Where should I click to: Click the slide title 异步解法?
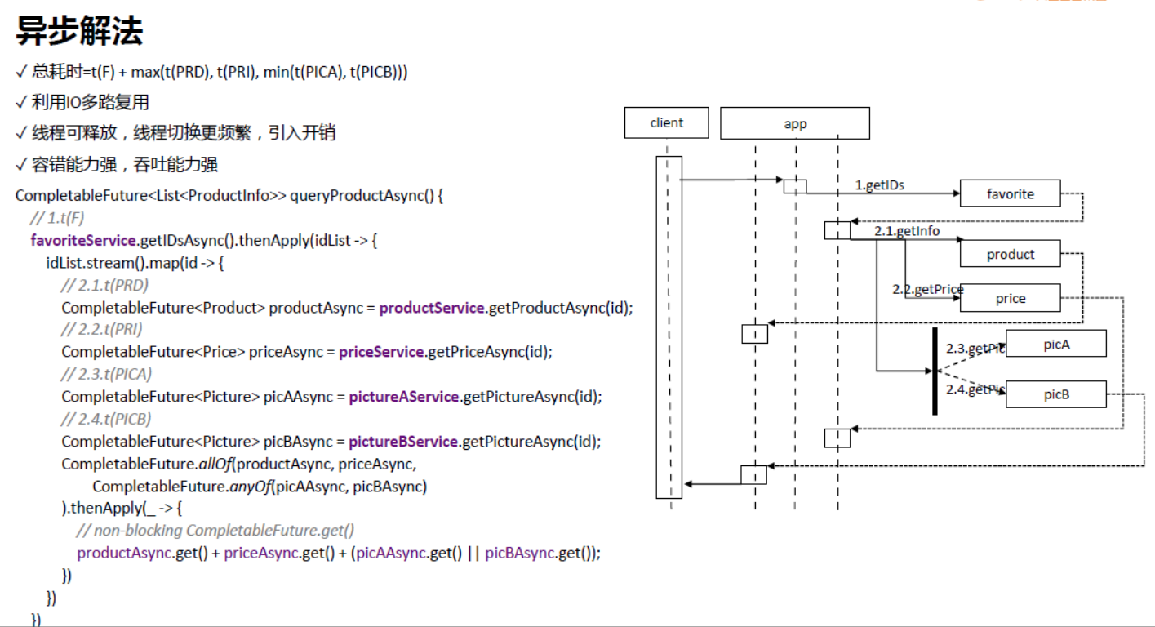(x=79, y=31)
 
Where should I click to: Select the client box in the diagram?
(x=666, y=123)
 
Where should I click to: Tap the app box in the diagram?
(x=794, y=124)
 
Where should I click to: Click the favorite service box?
(x=1010, y=193)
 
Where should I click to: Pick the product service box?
(x=1010, y=254)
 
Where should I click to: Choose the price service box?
(x=1010, y=298)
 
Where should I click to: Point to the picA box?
(x=1055, y=344)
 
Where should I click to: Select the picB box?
(x=1055, y=394)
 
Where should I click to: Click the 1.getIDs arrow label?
(x=879, y=185)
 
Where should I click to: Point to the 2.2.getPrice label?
(x=927, y=289)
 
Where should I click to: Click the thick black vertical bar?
(x=935, y=371)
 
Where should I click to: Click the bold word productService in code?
(x=432, y=308)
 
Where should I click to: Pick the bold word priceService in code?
(x=380, y=352)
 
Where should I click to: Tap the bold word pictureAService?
(x=403, y=397)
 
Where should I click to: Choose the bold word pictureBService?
(x=403, y=442)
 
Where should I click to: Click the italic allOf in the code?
(x=215, y=464)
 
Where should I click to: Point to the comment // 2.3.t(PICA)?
(x=106, y=374)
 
